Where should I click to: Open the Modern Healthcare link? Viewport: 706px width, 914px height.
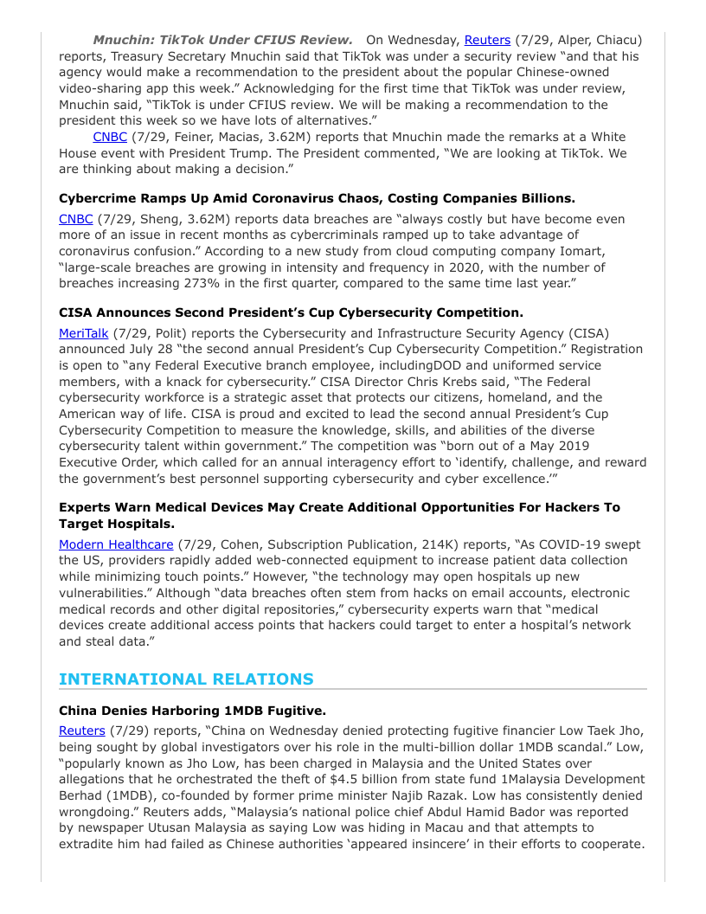(x=116, y=544)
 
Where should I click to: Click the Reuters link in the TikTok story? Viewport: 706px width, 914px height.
(x=487, y=40)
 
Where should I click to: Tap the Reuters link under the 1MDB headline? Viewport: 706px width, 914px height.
(x=82, y=731)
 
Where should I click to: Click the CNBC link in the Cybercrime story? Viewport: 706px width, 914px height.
(x=75, y=219)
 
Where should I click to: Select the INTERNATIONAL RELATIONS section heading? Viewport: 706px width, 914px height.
(x=186, y=679)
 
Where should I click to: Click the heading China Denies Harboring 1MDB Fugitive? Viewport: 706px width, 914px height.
(x=192, y=711)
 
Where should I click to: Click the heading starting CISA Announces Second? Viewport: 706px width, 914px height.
(x=291, y=312)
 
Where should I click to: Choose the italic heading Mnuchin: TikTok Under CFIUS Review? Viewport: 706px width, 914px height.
(x=222, y=40)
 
